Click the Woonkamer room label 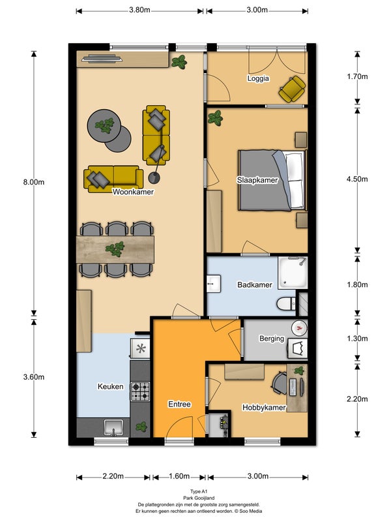pos(133,192)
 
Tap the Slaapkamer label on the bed pos(257,180)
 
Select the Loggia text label pos(258,78)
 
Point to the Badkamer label pos(254,284)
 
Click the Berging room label pos(272,339)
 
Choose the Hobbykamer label pos(264,407)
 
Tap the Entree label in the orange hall pos(179,404)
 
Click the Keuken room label pos(110,386)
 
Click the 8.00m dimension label pos(34,182)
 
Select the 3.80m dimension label pos(139,10)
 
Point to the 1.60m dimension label pos(179,476)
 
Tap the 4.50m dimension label pos(357,179)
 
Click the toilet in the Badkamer pos(286,303)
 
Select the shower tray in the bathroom pos(293,273)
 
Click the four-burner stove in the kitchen pos(140,391)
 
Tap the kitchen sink pos(113,427)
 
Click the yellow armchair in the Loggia pos(292,89)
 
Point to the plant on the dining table pos(115,249)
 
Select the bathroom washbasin pos(214,284)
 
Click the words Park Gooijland pos(199,498)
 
